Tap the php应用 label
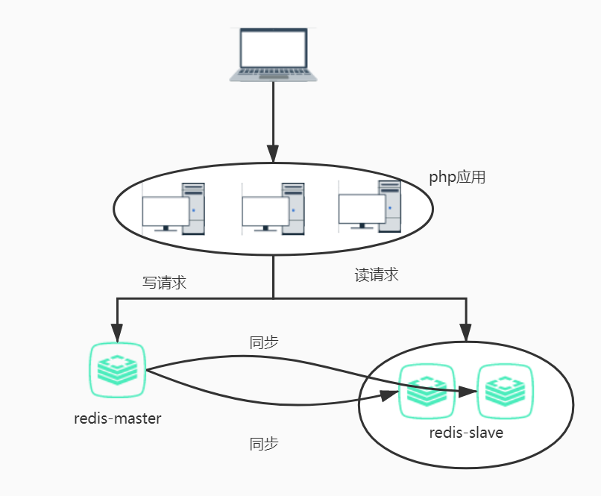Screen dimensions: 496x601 coord(457,178)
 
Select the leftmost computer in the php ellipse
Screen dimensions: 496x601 coord(173,210)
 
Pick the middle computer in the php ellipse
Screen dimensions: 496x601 coord(274,210)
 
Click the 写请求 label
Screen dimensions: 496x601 coord(164,283)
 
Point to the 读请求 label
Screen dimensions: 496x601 coord(376,274)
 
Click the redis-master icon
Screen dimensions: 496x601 coord(117,370)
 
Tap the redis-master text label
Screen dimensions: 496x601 coord(118,418)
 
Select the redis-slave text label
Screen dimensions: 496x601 coord(466,432)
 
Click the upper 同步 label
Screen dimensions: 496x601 coord(263,342)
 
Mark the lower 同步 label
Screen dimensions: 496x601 coord(263,444)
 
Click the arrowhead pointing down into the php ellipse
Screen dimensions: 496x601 coord(273,155)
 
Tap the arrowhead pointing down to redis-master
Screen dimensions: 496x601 coord(117,330)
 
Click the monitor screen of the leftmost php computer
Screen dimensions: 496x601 coord(165,212)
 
